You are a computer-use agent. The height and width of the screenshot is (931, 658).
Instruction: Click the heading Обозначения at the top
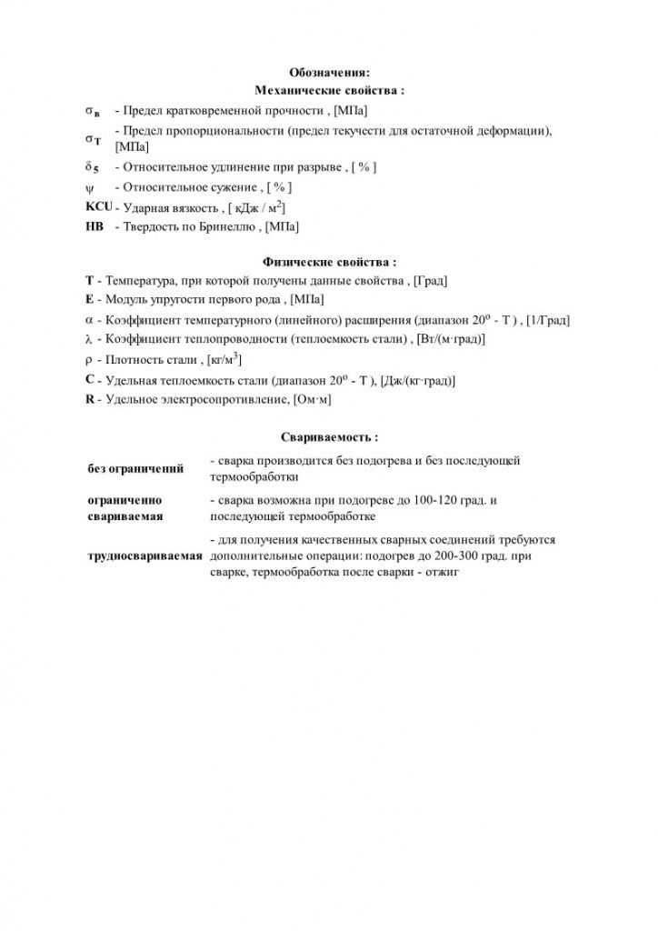click(x=329, y=73)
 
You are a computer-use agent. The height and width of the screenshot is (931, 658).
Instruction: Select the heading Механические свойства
click(x=329, y=91)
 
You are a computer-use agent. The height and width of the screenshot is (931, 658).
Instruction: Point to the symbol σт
click(x=93, y=139)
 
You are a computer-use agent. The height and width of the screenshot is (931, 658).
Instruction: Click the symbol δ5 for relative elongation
click(x=92, y=168)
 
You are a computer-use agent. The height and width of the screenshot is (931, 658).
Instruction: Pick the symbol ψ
click(x=89, y=188)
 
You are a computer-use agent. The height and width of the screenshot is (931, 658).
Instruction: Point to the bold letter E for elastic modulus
click(x=89, y=300)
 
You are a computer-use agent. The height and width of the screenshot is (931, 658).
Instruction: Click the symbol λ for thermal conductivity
click(x=89, y=339)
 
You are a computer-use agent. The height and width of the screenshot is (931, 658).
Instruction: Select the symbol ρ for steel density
click(x=89, y=359)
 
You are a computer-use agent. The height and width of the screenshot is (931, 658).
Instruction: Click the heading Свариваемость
click(x=329, y=437)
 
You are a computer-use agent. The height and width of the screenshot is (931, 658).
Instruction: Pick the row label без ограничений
click(x=135, y=469)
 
